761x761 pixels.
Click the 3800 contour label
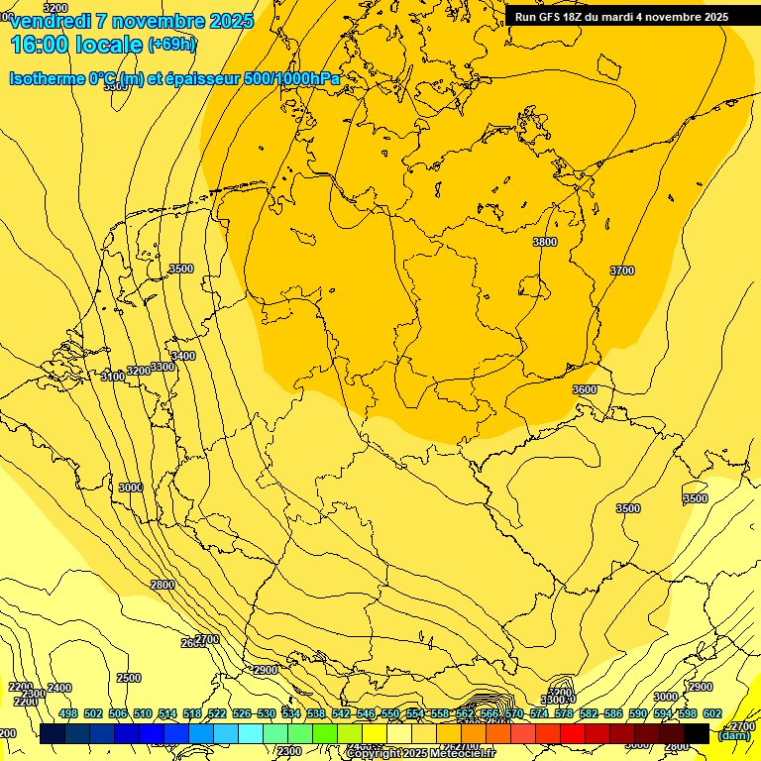point(545,242)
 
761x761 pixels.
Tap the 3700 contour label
point(622,271)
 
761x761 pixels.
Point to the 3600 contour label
point(585,389)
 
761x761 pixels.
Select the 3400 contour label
point(183,356)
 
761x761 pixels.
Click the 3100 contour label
point(113,377)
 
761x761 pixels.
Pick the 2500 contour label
point(129,678)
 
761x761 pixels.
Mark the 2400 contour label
point(59,688)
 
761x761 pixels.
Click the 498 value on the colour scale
point(67,713)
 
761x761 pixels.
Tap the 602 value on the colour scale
point(711,713)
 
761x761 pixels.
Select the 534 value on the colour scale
point(290,713)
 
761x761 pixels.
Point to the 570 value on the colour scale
point(513,713)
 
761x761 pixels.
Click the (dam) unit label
point(734,735)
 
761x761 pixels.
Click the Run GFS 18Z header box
point(621,16)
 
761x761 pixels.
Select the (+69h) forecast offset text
point(171,44)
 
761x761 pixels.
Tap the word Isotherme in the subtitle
point(46,78)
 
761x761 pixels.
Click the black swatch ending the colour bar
point(697,733)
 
